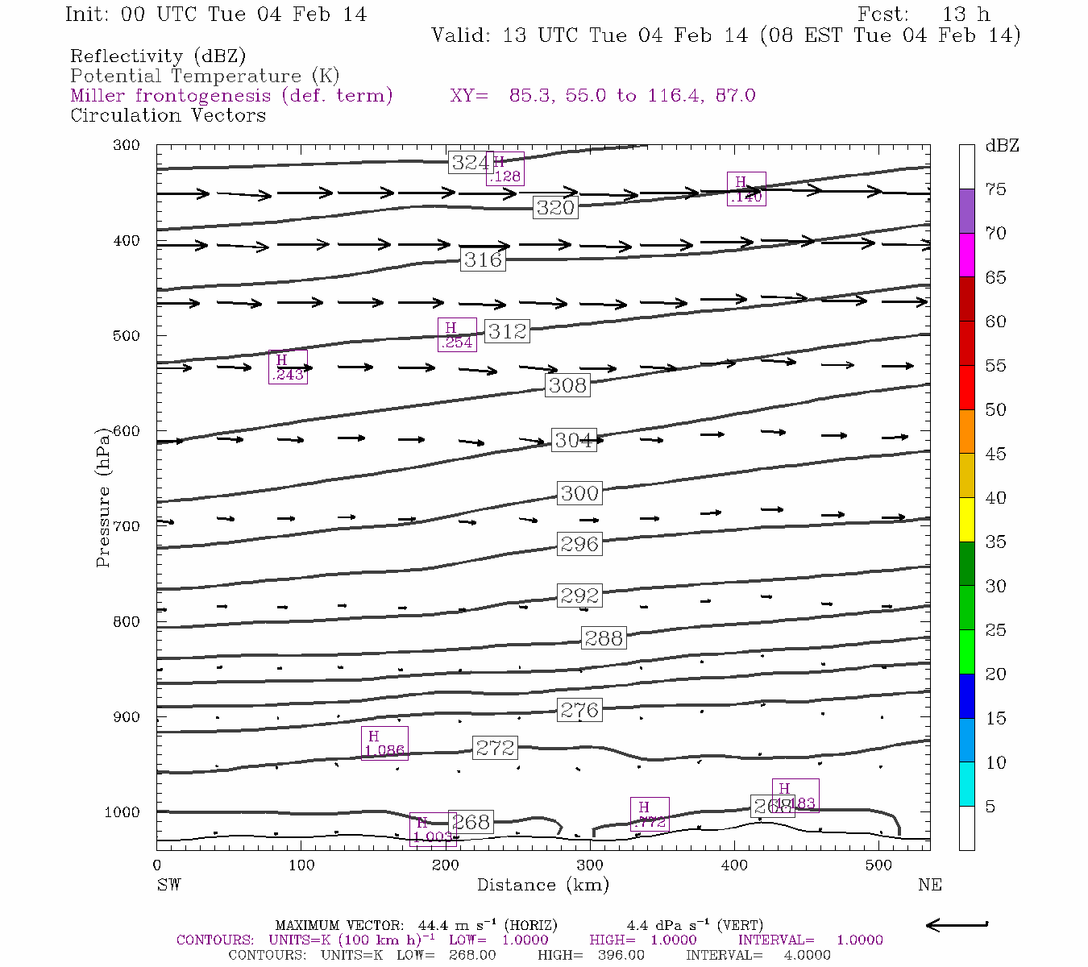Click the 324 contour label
pos(471,163)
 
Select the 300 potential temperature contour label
pos(579,493)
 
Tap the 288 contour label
pos(604,638)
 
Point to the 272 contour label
pos(495,748)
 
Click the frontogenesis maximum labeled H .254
pos(457,334)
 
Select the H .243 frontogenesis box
pos(288,367)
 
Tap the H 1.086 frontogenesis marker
pos(384,743)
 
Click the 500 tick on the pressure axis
pos(126,335)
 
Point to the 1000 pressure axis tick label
pos(122,812)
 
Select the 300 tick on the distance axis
pos(590,865)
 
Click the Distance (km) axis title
pos(542,885)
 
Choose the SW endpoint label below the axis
pos(168,885)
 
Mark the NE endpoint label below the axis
pos(929,885)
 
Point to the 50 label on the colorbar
pos(995,409)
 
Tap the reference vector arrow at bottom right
pos(957,925)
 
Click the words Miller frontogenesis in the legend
pos(170,95)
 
